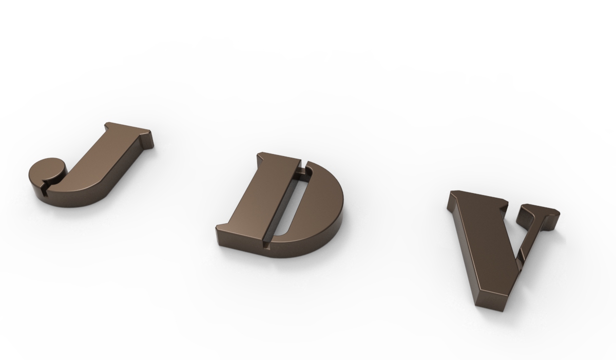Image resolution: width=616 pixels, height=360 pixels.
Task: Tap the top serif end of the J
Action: coord(146,137)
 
